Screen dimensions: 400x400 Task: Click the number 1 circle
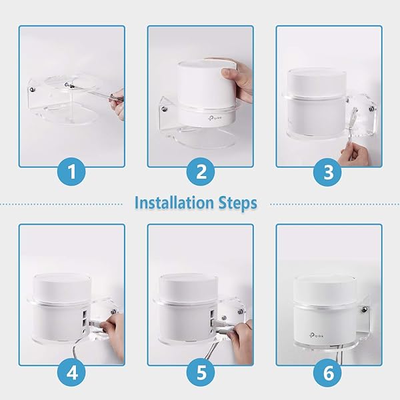point(72,173)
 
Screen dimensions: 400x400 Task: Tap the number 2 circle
point(201,173)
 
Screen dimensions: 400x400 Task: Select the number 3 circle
point(328,173)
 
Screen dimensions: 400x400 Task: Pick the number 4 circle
point(72,371)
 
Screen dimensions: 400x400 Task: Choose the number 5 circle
point(201,371)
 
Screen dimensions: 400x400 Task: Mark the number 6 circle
point(328,371)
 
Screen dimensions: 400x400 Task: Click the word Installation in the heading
point(175,202)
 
